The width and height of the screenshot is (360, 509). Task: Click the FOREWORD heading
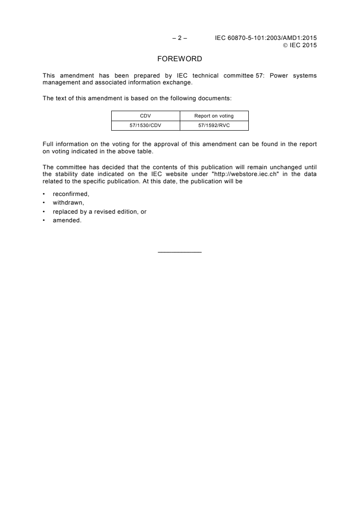pos(180,59)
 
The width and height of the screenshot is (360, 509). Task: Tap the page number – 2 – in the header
pos(180,39)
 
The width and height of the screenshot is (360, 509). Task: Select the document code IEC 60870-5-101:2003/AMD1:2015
pos(266,39)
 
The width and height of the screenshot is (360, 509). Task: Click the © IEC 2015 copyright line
pos(300,45)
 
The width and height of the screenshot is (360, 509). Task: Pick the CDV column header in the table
pos(146,116)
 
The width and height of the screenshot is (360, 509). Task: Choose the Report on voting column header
pos(214,116)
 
